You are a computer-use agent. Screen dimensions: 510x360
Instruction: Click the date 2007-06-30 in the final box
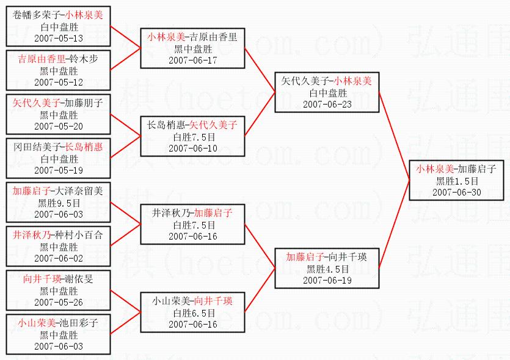pos(456,192)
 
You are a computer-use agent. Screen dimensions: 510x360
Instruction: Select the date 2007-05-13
pos(59,38)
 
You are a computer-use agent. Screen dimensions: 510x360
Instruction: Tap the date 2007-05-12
pos(59,82)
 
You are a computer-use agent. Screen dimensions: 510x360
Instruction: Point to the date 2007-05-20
pos(59,126)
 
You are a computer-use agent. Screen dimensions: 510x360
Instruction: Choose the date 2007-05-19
pos(59,170)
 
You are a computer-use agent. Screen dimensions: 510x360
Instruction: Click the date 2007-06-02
pos(59,258)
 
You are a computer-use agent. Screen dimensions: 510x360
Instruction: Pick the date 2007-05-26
pos(59,302)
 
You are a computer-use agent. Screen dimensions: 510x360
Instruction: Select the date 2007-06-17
pos(193,60)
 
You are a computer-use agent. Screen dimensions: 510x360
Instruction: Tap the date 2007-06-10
pos(193,148)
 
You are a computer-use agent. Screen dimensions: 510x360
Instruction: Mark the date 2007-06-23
pos(327,104)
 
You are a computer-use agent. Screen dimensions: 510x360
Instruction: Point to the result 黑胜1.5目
pos(456,181)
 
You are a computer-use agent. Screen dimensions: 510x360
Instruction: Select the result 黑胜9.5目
pos(59,203)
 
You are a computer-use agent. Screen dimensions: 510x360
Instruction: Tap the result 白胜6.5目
pos(193,313)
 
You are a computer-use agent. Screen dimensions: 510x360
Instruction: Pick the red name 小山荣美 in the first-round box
pos(36,323)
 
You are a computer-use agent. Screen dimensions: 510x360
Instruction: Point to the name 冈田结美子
pos(36,147)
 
